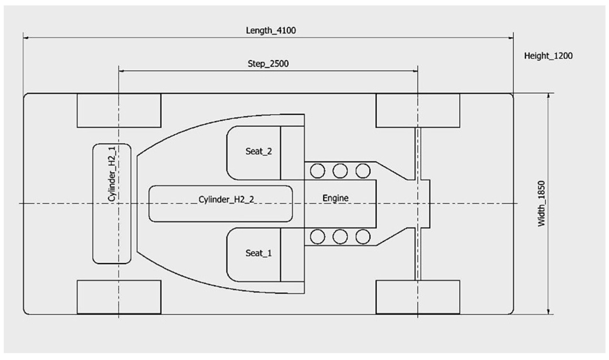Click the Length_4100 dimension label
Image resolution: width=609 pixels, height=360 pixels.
[x=271, y=30]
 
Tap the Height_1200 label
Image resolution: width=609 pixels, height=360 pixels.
[x=548, y=56]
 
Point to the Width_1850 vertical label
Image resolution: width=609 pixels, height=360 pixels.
[x=541, y=203]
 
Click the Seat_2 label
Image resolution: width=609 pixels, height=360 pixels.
[x=258, y=151]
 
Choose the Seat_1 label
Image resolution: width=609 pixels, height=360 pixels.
[x=258, y=253]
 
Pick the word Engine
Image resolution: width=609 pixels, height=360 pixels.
[x=335, y=198]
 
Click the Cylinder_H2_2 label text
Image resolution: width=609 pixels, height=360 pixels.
[x=226, y=199]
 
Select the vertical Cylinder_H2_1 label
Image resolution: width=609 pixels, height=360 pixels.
[x=112, y=174]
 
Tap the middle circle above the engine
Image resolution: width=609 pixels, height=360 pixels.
[x=340, y=171]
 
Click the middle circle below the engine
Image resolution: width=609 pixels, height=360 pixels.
[x=340, y=237]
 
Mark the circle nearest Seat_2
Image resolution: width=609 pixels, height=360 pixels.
[x=317, y=171]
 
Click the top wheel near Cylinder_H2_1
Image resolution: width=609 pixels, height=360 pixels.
[x=119, y=111]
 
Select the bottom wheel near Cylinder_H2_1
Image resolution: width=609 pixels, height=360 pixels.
[x=119, y=297]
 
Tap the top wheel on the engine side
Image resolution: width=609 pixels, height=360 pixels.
[x=418, y=111]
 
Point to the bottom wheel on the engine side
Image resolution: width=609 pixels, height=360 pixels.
[x=418, y=297]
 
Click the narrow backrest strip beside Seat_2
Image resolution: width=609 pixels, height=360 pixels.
[x=292, y=153]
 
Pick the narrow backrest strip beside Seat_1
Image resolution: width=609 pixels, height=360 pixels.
[x=292, y=255]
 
